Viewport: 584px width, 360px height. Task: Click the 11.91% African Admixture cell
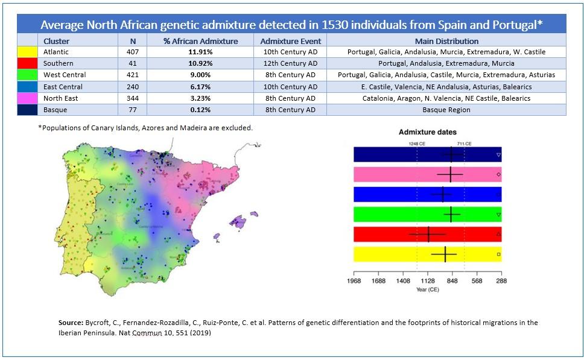(200, 52)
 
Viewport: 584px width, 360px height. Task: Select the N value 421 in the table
(133, 75)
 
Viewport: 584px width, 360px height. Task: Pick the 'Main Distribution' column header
(446, 41)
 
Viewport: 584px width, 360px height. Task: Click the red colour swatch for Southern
(28, 63)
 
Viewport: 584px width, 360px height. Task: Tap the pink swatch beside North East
(28, 98)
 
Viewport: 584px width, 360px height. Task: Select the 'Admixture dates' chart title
(428, 131)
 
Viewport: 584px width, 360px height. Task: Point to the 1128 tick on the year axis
(428, 280)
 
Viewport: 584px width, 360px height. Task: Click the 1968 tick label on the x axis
(354, 280)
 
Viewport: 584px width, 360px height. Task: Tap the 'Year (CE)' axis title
(428, 289)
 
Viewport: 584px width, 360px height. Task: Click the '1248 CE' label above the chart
(417, 144)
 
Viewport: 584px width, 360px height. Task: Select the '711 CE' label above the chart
(464, 144)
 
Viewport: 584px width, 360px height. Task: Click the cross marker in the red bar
(428, 234)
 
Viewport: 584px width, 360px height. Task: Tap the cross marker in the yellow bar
(445, 254)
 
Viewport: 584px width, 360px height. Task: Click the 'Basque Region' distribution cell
(446, 110)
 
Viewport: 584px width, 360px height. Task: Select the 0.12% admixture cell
(200, 110)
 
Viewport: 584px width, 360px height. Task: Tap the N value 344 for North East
(133, 98)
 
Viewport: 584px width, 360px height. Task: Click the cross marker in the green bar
(451, 214)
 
